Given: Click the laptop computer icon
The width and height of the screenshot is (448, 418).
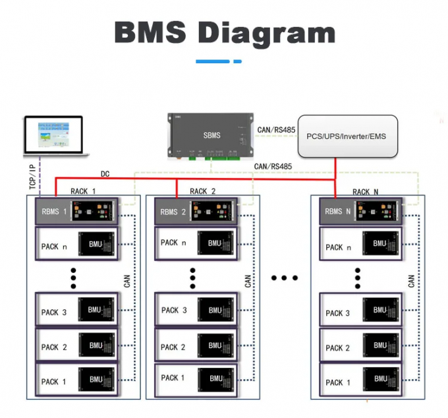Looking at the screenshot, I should (x=55, y=136).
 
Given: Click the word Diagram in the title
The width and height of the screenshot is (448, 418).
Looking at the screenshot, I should (x=267, y=32).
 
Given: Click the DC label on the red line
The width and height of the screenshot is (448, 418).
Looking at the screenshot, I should (x=105, y=174).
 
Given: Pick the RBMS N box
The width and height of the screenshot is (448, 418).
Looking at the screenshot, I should (x=361, y=212).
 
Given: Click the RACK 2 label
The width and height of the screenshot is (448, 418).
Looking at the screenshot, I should (x=203, y=191).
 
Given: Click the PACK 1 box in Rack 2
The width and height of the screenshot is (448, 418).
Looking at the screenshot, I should (x=196, y=378).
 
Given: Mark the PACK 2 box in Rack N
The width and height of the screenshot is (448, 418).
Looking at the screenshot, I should (x=361, y=347).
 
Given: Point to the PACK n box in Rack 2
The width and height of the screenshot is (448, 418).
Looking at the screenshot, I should (x=196, y=243).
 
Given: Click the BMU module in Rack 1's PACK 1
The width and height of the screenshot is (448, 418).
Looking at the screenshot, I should (x=97, y=381).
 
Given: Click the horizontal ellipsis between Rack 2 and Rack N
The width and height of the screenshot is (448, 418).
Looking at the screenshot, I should (x=285, y=278).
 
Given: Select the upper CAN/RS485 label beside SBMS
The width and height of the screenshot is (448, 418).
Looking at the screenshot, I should (x=277, y=130).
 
